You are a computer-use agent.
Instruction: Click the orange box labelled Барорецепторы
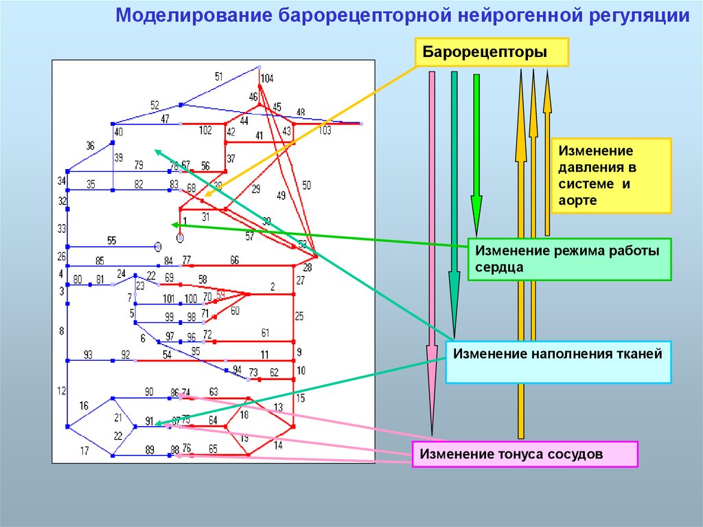click(491, 52)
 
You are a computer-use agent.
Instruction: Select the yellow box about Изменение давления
click(610, 175)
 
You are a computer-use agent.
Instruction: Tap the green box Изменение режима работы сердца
click(569, 259)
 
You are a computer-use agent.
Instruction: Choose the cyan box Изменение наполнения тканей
click(558, 362)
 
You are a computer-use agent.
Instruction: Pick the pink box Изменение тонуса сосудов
click(525, 454)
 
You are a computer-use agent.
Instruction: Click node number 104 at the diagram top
click(266, 79)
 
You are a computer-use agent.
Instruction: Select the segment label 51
click(219, 76)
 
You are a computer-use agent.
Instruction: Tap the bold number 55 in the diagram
click(112, 240)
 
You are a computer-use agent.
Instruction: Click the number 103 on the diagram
click(325, 130)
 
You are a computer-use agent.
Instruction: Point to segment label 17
click(84, 451)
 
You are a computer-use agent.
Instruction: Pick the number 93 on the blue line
click(88, 355)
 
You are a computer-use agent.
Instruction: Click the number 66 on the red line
click(235, 260)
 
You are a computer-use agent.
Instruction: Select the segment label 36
click(90, 146)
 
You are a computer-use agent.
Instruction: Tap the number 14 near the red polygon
click(277, 445)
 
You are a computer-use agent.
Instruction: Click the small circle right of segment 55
click(158, 245)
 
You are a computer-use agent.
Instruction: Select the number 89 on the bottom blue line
click(150, 449)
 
